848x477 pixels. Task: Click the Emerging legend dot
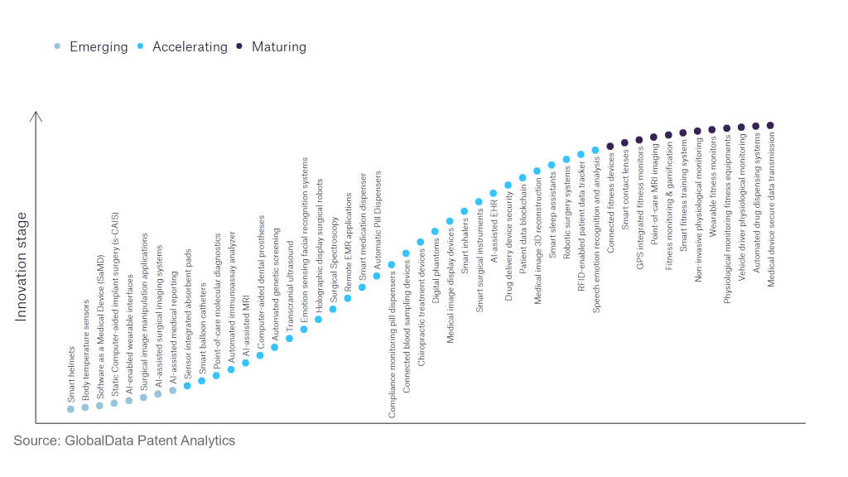pyautogui.click(x=57, y=46)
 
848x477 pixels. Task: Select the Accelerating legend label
pyautogui.click(x=190, y=46)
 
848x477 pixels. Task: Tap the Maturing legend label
pyautogui.click(x=279, y=46)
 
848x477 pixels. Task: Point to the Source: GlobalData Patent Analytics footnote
pyautogui.click(x=124, y=441)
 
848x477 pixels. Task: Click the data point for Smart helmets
pyautogui.click(x=70, y=408)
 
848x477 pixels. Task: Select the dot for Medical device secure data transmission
pyautogui.click(x=770, y=125)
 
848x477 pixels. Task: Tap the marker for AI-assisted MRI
pyautogui.click(x=245, y=363)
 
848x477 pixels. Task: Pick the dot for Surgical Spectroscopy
pyautogui.click(x=333, y=309)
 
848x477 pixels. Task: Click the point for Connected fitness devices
pyautogui.click(x=610, y=146)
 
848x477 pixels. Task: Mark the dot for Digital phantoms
pyautogui.click(x=435, y=232)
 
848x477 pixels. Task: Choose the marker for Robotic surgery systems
pyautogui.click(x=566, y=159)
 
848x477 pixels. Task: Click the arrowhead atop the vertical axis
pyautogui.click(x=36, y=117)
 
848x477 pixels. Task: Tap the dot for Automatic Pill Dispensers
pyautogui.click(x=377, y=276)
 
